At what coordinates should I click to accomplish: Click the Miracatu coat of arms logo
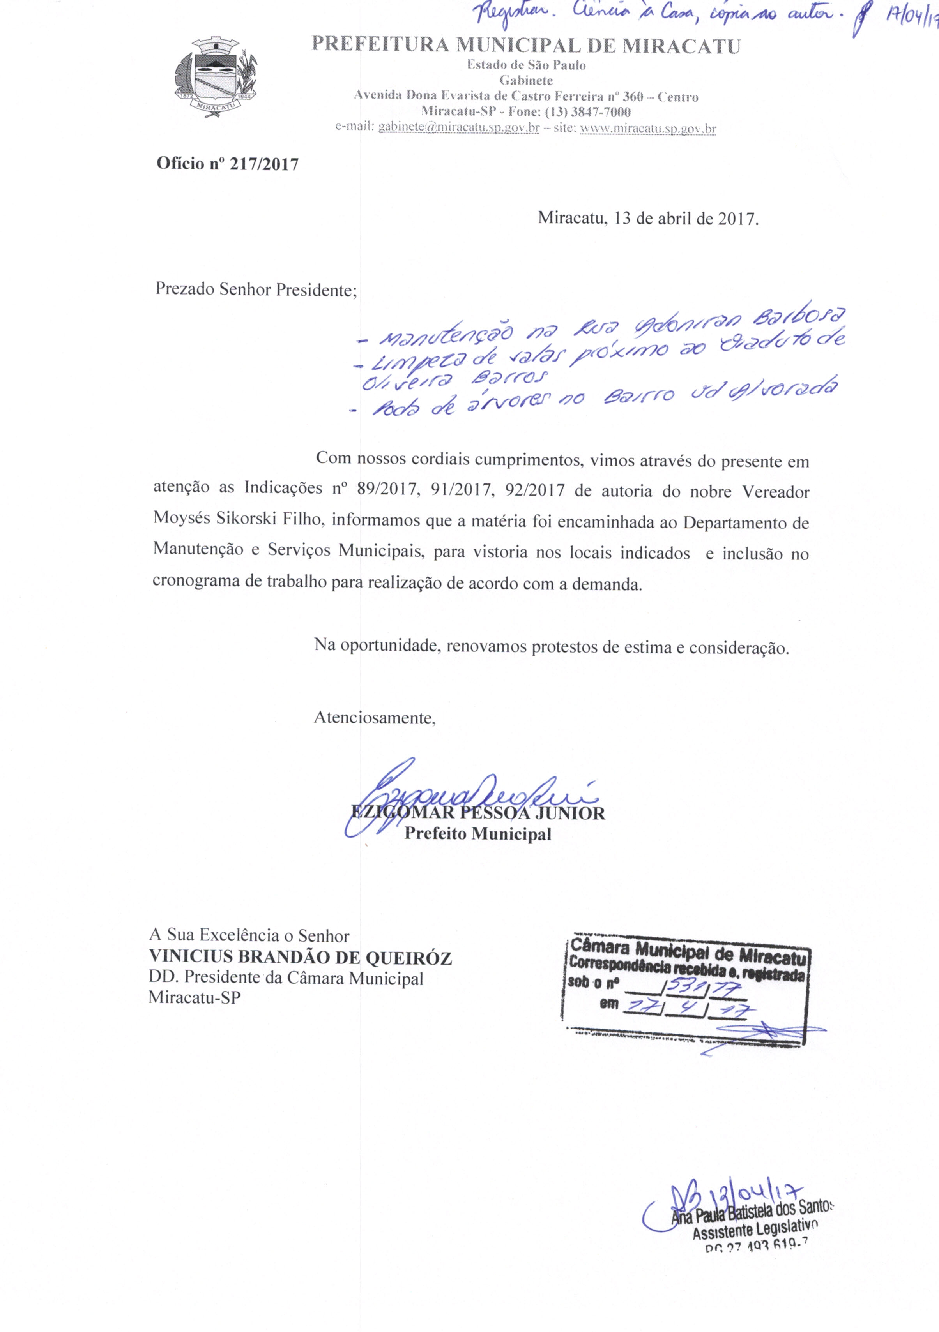pyautogui.click(x=216, y=77)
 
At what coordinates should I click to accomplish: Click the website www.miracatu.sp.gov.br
pyautogui.click(x=648, y=128)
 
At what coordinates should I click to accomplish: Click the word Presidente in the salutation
pyautogui.click(x=315, y=289)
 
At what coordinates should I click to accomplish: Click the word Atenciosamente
pyautogui.click(x=374, y=718)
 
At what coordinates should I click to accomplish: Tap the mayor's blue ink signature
pyautogui.click(x=464, y=792)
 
